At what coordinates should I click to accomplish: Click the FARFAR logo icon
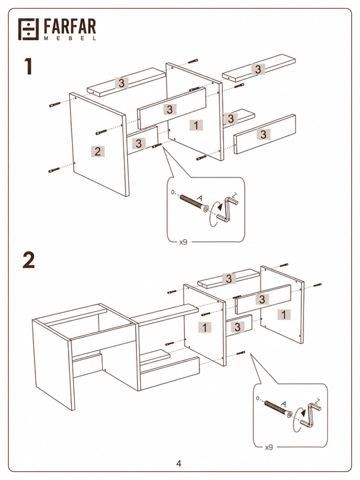29,29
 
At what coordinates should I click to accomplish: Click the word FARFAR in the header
70,27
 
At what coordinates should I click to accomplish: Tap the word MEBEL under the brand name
70,38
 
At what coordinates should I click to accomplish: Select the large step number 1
28,67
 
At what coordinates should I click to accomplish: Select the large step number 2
29,260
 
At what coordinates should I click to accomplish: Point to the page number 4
179,463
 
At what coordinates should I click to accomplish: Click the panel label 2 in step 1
97,151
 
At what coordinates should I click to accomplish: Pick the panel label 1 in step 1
196,125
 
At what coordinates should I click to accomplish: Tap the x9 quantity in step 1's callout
183,242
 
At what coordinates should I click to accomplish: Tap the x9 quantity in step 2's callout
269,447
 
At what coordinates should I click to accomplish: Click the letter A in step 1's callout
199,199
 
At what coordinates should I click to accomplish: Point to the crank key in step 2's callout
311,414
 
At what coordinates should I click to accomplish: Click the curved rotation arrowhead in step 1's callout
219,207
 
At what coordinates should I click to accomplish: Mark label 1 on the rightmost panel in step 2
284,315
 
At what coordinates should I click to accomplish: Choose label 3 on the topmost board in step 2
229,279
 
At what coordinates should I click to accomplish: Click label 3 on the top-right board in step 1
258,69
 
